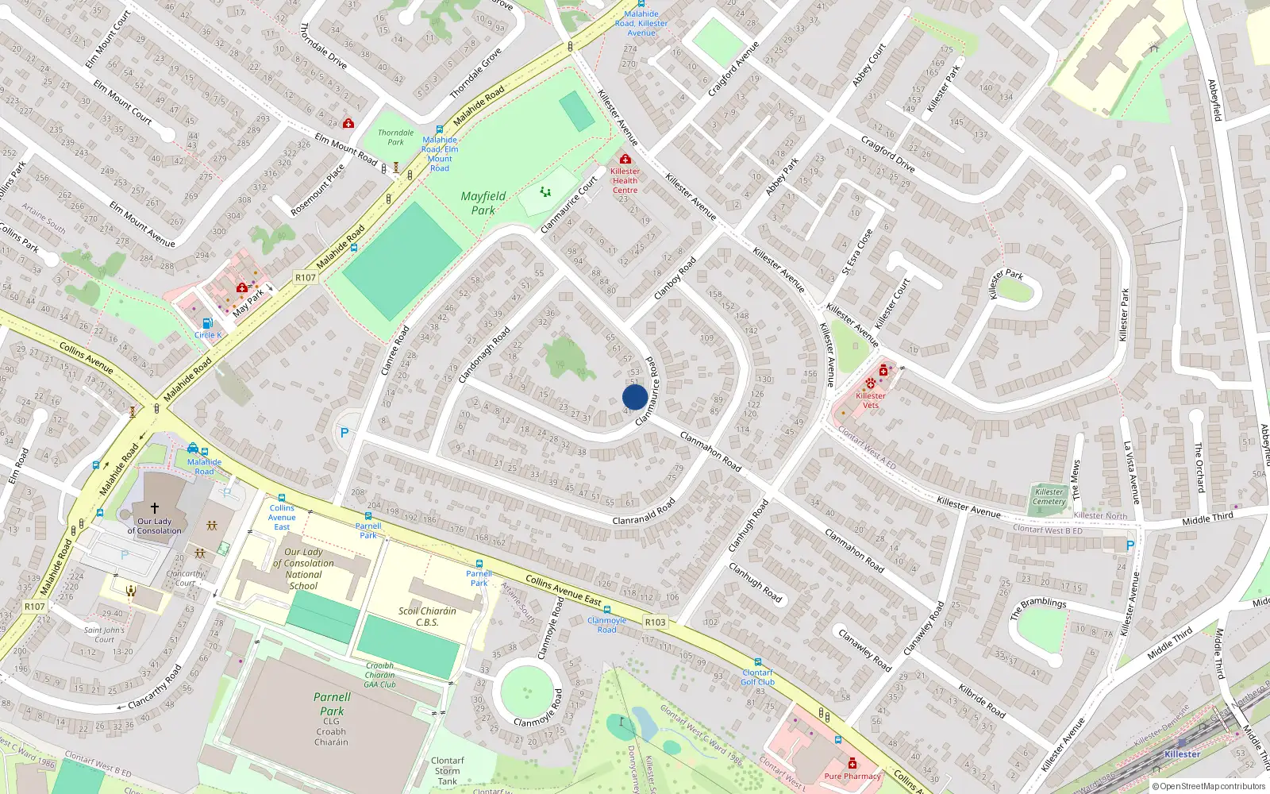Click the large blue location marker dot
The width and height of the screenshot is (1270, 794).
pos(635,397)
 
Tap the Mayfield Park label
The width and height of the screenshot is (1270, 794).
pos(483,203)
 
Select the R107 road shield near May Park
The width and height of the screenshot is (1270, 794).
pos(305,277)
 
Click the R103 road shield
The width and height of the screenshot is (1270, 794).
pos(655,622)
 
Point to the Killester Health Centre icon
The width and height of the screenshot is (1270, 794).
pos(625,160)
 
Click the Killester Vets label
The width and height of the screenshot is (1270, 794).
pos(871,400)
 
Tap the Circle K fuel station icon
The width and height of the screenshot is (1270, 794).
pos(207,323)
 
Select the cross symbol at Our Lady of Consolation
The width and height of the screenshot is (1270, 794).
pos(155,507)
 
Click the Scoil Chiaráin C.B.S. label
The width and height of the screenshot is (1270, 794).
pos(427,617)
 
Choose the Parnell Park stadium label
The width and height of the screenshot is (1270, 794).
pos(332,704)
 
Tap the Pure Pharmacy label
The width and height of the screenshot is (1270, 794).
pos(852,776)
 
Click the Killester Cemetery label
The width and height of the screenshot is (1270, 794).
pos(1049,496)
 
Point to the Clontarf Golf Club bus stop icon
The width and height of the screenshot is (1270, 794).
pos(757,662)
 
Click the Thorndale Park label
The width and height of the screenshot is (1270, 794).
pos(395,137)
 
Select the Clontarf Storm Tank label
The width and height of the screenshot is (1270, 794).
pos(448,770)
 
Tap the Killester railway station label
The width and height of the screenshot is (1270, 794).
pos(1182,754)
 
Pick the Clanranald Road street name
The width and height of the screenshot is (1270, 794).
pos(644,511)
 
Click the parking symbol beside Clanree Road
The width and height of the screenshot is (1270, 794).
pos(344,433)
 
